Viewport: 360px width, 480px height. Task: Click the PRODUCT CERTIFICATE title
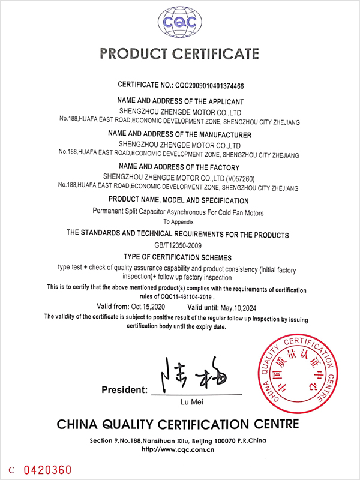tap(179, 54)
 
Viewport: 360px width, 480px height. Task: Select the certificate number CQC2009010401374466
tap(217, 86)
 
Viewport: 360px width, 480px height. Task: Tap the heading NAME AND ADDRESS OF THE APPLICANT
tap(181, 102)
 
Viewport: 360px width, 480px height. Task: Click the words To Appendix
tap(179, 222)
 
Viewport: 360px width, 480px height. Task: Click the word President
tap(124, 390)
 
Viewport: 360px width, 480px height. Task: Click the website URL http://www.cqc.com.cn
tap(178, 449)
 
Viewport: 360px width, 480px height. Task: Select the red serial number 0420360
tap(47, 469)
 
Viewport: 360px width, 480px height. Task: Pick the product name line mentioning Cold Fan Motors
tap(178, 212)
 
